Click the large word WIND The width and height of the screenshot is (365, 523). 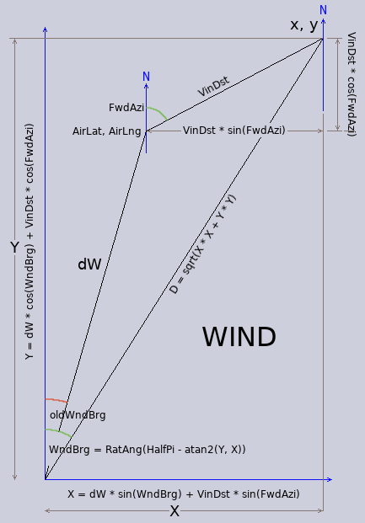click(239, 337)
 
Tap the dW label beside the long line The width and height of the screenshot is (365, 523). click(89, 264)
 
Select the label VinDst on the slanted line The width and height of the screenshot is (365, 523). click(213, 86)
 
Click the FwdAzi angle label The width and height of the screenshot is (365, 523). click(126, 108)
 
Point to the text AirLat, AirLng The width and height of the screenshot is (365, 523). click(106, 131)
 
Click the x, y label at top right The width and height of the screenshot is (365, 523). click(304, 25)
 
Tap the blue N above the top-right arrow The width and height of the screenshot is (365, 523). click(323, 10)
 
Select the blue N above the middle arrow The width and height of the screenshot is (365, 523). click(146, 77)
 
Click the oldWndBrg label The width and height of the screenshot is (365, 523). click(78, 415)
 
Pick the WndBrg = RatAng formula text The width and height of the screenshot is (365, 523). click(148, 449)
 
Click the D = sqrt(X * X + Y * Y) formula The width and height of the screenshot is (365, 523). click(202, 244)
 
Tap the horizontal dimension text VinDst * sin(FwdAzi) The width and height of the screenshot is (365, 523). click(233, 130)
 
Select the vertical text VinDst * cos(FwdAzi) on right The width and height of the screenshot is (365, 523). click(352, 84)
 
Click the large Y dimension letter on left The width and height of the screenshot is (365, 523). click(14, 248)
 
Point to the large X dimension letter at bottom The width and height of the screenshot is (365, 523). click(174, 511)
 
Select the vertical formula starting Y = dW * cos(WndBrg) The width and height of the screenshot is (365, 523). click(30, 242)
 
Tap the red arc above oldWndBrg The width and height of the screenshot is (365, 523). click(56, 399)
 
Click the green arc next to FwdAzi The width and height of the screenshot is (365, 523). click(158, 112)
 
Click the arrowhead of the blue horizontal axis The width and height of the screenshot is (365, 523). click(330, 479)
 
